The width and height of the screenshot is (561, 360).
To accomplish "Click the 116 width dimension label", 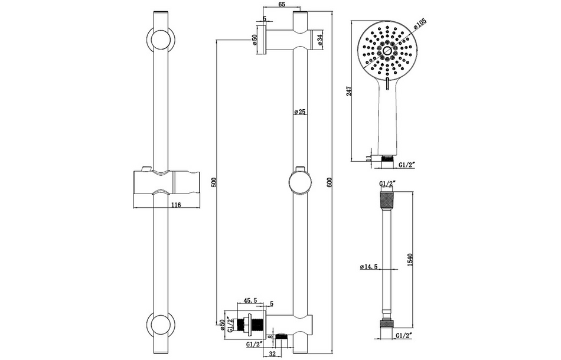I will click(175, 204).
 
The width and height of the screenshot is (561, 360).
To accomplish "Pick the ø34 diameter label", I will click(319, 40).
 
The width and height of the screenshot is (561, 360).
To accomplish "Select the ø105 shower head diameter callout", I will click(420, 24).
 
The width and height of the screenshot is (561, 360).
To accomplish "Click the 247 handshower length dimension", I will click(349, 91).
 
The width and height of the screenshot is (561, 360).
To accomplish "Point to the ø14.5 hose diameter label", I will click(369, 267).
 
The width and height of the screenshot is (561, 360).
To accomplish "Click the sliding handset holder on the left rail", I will click(165, 182).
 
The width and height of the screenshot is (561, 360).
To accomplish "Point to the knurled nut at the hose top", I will click(386, 199).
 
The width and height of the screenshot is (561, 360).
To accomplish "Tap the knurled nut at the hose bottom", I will click(386, 325).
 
